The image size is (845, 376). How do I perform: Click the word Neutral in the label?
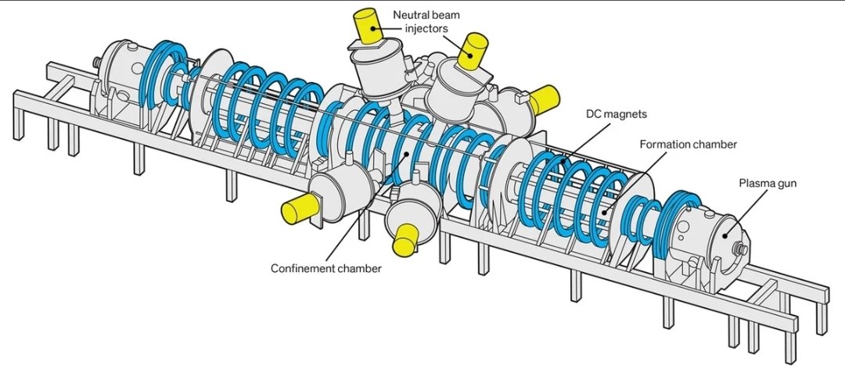[408, 15]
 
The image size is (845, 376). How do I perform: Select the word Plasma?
[753, 183]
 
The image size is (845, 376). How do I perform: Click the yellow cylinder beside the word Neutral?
[368, 26]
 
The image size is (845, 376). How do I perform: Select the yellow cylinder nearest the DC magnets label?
[545, 99]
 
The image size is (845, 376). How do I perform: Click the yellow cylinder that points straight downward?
[406, 240]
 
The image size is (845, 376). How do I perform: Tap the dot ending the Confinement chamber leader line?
[407, 153]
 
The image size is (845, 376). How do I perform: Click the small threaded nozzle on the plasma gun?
[740, 249]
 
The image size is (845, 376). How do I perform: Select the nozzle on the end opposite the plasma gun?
[98, 63]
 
